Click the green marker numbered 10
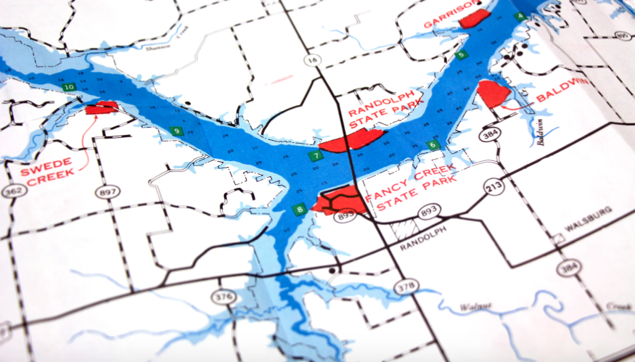click(69, 88)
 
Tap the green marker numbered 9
click(176, 131)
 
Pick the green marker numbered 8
click(300, 210)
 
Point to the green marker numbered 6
click(433, 145)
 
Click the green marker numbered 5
click(460, 55)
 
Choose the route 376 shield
click(221, 296)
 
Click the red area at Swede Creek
click(102, 109)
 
